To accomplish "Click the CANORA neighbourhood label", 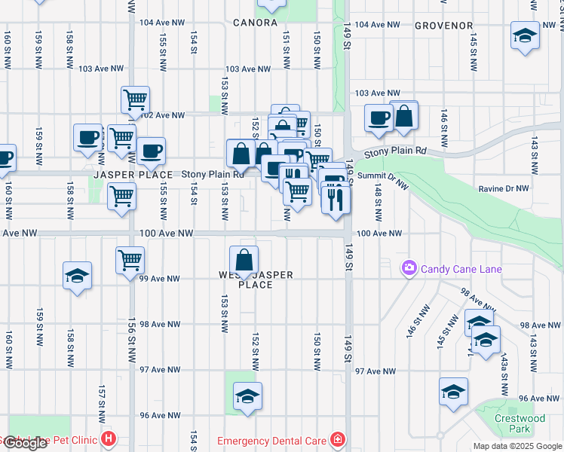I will pyautogui.click(x=255, y=23).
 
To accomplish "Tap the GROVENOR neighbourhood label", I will pyautogui.click(x=443, y=26).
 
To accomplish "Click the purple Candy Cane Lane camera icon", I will pyautogui.click(x=409, y=267).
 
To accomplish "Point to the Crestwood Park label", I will pyautogui.click(x=519, y=423).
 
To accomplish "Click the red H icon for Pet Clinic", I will pyautogui.click(x=109, y=438).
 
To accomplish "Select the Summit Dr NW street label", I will pyautogui.click(x=377, y=176).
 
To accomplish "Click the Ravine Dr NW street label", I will pyautogui.click(x=507, y=189).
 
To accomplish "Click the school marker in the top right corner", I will pyautogui.click(x=525, y=35).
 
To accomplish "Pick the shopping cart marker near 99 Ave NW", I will pyautogui.click(x=130, y=261).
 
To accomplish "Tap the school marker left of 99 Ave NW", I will pyautogui.click(x=77, y=276).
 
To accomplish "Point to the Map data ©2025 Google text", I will pyautogui.click(x=516, y=446).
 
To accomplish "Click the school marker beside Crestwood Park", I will pyautogui.click(x=454, y=392).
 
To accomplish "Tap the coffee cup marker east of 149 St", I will pyautogui.click(x=378, y=117).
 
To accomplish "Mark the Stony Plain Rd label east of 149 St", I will pyautogui.click(x=395, y=152).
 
